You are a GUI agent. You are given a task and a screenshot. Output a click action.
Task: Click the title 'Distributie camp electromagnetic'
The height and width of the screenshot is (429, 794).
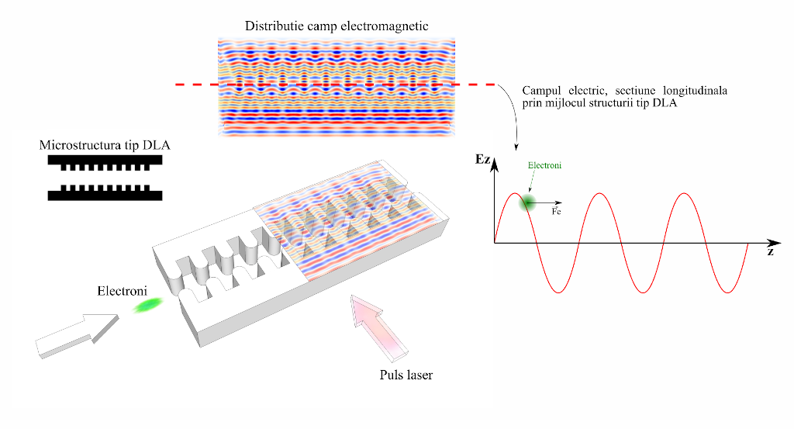(x=337, y=26)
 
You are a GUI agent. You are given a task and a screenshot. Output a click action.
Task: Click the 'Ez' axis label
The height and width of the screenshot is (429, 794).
(x=483, y=161)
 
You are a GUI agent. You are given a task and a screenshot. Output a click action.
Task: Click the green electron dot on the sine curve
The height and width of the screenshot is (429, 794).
(x=528, y=202)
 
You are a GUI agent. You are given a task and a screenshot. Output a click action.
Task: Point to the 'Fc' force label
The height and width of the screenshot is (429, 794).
(x=556, y=211)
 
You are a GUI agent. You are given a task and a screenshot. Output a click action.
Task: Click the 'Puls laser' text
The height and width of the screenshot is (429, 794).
(x=406, y=375)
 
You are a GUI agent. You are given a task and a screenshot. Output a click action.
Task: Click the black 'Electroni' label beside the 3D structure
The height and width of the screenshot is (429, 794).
(x=120, y=292)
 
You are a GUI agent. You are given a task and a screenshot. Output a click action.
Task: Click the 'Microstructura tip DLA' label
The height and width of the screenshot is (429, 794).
(x=105, y=146)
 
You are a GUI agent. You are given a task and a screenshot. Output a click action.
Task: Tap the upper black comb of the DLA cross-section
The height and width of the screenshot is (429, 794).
(x=105, y=161)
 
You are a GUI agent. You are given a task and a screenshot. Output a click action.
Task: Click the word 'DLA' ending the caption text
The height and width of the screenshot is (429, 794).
(x=665, y=103)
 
